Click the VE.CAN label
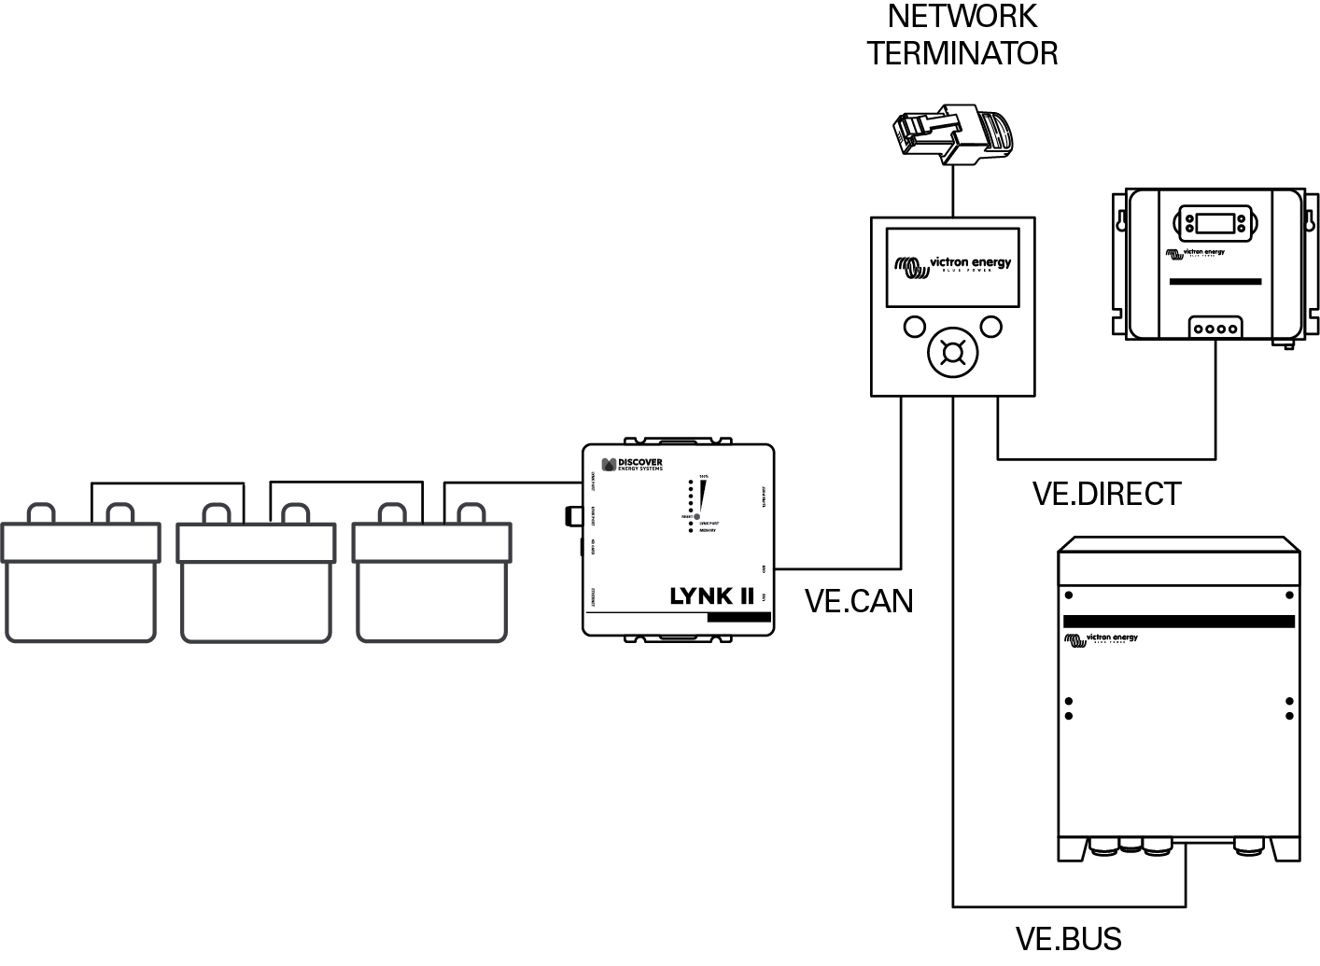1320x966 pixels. (x=858, y=601)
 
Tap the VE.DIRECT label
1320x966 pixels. (x=1106, y=493)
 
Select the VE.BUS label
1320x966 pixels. (x=1068, y=938)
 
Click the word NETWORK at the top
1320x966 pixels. (x=962, y=17)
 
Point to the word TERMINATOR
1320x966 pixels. (x=962, y=52)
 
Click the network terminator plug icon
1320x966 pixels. (x=952, y=133)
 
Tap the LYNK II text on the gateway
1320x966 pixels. (x=711, y=595)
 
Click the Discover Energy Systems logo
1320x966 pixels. (x=632, y=465)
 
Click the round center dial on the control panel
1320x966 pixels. (x=952, y=353)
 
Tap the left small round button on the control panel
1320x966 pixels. (x=914, y=327)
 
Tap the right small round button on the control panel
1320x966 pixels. (x=990, y=327)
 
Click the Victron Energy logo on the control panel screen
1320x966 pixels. (x=952, y=266)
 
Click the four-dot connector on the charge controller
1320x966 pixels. (x=1215, y=329)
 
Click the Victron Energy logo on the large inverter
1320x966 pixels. (x=1101, y=639)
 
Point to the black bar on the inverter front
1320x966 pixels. (x=1178, y=621)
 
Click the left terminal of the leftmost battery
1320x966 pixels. (x=41, y=513)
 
